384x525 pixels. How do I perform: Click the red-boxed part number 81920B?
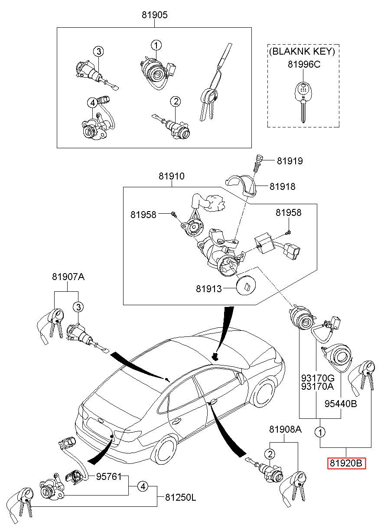pyautogui.click(x=346, y=463)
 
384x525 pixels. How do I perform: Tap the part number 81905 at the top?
pyautogui.click(x=154, y=15)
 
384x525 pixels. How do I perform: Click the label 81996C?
pyautogui.click(x=303, y=64)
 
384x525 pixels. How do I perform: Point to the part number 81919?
pyautogui.click(x=290, y=161)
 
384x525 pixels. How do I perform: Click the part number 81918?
pyautogui.click(x=282, y=186)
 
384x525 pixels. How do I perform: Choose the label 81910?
pyautogui.click(x=171, y=176)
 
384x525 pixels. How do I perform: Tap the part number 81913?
pyautogui.click(x=208, y=289)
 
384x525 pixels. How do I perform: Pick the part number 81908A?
pyautogui.click(x=285, y=430)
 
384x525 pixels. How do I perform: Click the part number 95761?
pyautogui.click(x=108, y=476)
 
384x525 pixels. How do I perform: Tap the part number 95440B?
pyautogui.click(x=341, y=404)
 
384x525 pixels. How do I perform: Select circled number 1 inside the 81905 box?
pyautogui.click(x=156, y=45)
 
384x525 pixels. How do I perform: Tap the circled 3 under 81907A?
pyautogui.click(x=77, y=307)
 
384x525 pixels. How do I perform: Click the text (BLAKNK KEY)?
pyautogui.click(x=303, y=52)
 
